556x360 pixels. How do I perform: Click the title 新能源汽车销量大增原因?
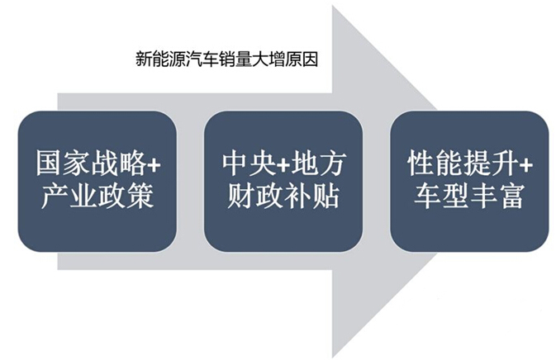point(226,59)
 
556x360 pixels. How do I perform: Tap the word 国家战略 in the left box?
point(91,163)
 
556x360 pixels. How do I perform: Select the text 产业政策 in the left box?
point(97,196)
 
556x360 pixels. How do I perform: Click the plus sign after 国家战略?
point(154,165)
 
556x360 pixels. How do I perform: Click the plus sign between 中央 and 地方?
point(283,165)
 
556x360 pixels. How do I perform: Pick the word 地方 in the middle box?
point(317,163)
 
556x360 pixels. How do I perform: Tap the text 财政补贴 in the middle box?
point(283,196)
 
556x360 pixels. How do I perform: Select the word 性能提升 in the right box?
point(463,163)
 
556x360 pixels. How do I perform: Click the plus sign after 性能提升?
point(525,165)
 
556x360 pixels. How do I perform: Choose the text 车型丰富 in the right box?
point(468,196)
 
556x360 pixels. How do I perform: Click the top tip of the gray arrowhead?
point(333,5)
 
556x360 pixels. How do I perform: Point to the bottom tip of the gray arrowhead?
point(333,358)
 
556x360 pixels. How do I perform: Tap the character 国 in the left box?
point(50,163)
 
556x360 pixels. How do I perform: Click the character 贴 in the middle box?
point(326,196)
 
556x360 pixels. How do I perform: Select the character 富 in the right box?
point(511,196)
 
